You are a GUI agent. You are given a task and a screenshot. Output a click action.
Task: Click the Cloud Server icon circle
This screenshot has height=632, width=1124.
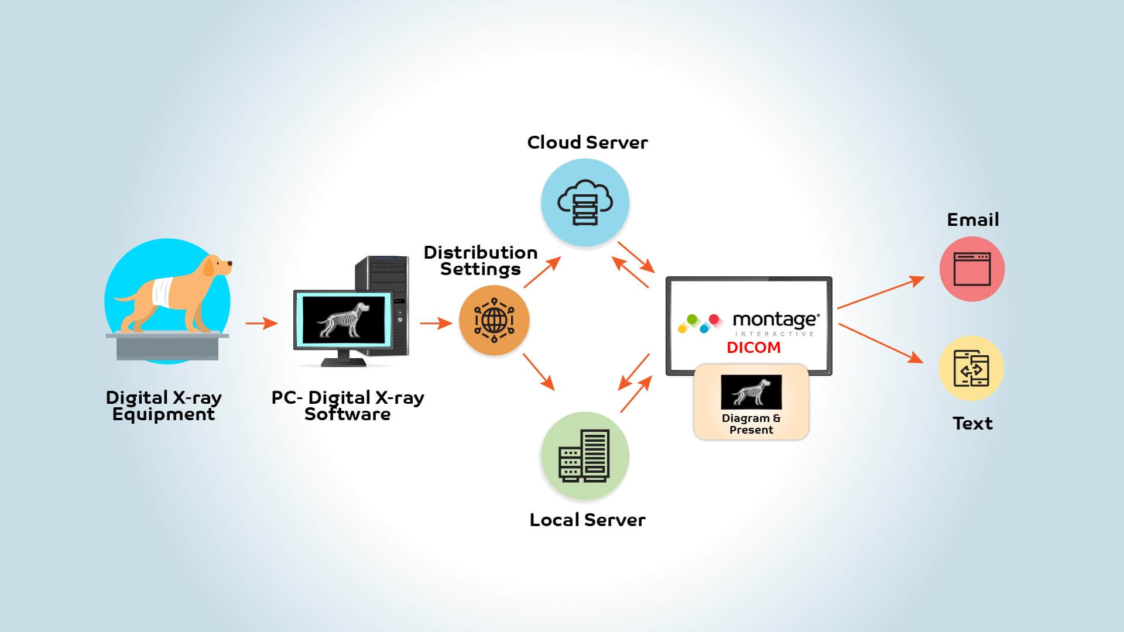click(585, 203)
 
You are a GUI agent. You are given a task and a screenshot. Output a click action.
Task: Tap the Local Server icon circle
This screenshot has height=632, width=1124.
click(585, 456)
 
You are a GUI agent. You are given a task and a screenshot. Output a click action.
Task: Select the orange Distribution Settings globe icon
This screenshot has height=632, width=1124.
click(494, 320)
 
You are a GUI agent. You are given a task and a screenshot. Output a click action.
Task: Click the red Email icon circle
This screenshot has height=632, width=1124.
click(972, 269)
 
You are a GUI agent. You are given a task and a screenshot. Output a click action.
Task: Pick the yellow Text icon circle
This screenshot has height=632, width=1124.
click(971, 368)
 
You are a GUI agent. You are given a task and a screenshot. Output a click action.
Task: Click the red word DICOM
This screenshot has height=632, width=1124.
click(753, 348)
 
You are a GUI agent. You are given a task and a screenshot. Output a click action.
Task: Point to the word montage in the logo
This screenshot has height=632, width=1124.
click(775, 320)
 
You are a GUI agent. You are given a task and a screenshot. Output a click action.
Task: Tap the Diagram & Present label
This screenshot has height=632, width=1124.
click(751, 424)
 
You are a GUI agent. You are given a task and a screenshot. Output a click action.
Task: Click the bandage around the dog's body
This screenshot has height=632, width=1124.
click(163, 291)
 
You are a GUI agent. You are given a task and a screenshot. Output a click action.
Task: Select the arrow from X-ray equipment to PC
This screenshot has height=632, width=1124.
click(261, 323)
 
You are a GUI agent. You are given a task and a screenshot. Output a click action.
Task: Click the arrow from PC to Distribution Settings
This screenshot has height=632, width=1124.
click(436, 323)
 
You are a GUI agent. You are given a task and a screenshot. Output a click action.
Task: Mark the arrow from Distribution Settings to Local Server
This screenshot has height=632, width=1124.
click(539, 372)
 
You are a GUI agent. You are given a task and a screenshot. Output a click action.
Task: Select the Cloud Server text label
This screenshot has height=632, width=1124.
click(587, 142)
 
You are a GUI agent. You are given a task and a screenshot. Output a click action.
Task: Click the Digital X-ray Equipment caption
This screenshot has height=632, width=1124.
click(163, 406)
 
